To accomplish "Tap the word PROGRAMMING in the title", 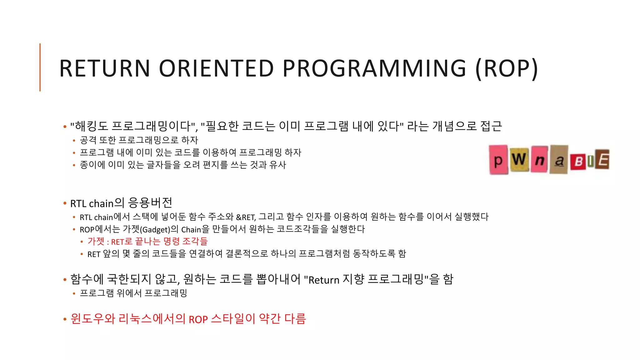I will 374,68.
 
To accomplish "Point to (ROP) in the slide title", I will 507,68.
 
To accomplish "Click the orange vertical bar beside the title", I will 40,67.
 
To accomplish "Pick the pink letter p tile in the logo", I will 498,160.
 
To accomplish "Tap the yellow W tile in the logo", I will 519,159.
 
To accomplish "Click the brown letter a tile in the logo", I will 559,160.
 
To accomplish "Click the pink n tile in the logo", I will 539,160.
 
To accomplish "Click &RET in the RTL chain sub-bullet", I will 246,217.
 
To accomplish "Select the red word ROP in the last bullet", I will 198,320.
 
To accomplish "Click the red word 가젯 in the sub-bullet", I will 96,242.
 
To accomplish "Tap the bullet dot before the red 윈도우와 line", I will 65,319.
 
